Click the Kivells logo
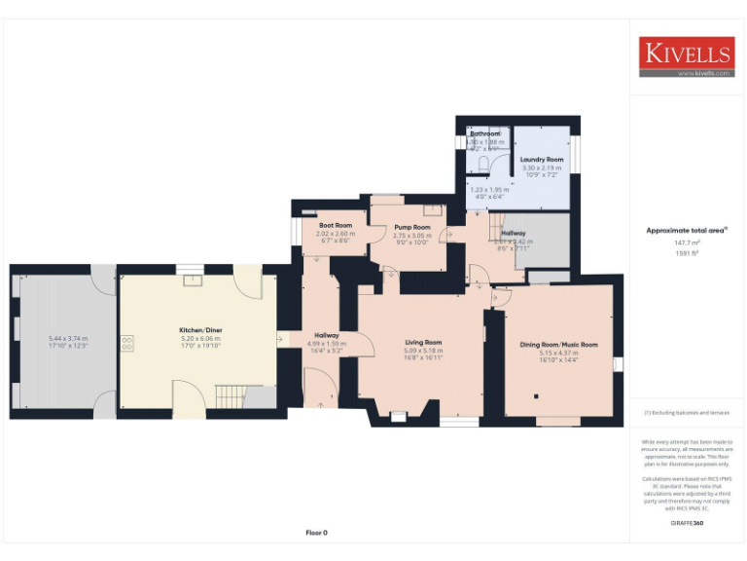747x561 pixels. [x=686, y=56]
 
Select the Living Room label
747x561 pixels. [x=423, y=343]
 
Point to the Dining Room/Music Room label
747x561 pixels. [x=558, y=345]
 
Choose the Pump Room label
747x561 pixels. [x=411, y=227]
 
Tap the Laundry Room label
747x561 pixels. [x=542, y=159]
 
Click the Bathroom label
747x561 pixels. [x=484, y=133]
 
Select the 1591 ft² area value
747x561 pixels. [x=686, y=253]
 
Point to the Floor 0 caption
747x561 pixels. [x=317, y=533]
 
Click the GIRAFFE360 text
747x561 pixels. [x=686, y=524]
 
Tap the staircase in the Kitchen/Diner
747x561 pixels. [x=231, y=396]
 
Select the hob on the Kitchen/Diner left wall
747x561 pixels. [x=126, y=343]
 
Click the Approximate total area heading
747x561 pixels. [x=686, y=231]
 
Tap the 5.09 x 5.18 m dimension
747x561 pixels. [x=423, y=351]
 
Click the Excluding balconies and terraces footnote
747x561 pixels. [x=686, y=413]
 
